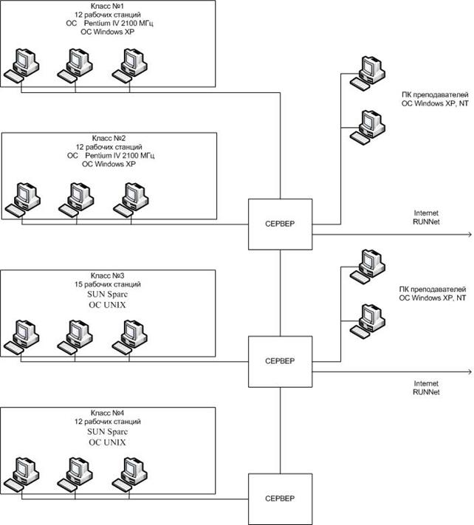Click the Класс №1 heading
tap(109, 6)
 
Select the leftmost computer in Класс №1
tap(22, 65)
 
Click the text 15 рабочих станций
tap(109, 284)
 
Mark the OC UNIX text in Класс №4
tap(109, 442)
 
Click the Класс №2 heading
tap(109, 138)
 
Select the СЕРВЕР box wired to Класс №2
tap(279, 223)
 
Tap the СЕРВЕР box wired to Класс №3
tap(279, 361)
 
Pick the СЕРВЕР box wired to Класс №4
tap(279, 499)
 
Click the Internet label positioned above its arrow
tap(427, 212)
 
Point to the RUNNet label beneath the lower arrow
tap(427, 394)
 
